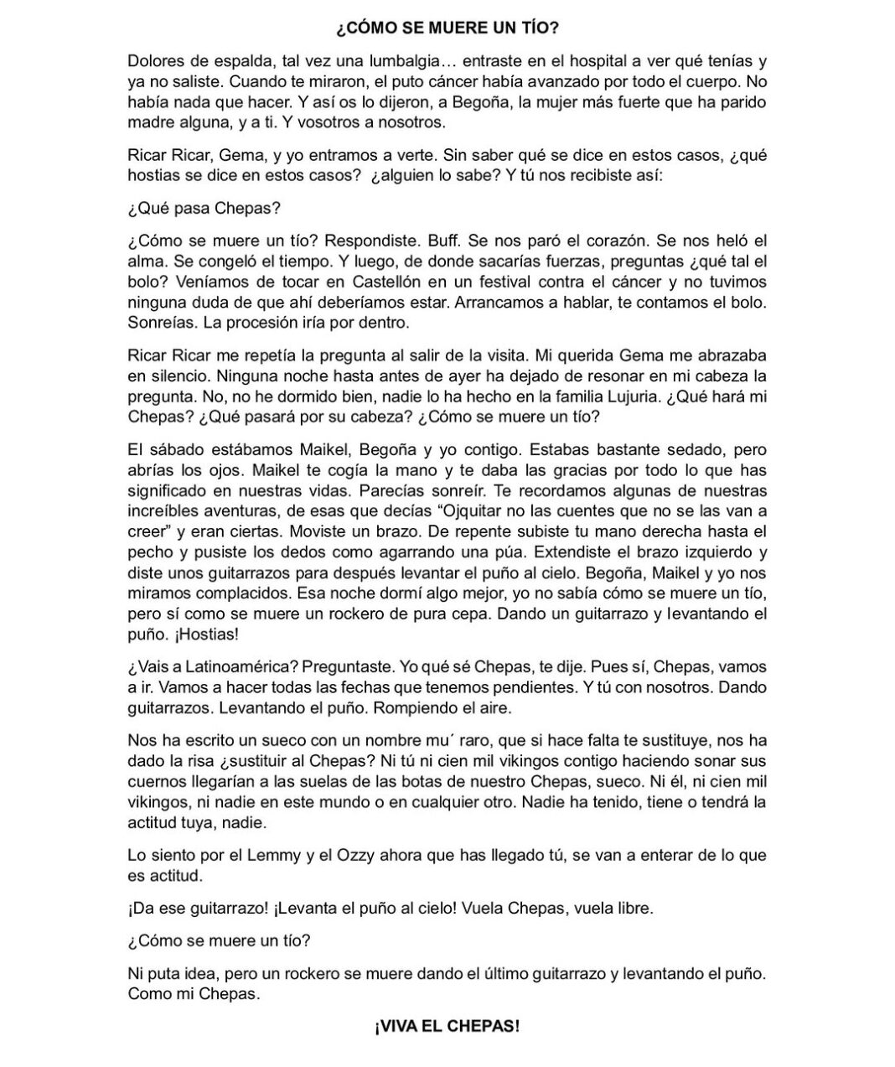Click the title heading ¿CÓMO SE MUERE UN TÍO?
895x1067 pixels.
click(447, 28)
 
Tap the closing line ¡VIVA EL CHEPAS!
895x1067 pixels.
click(447, 1026)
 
